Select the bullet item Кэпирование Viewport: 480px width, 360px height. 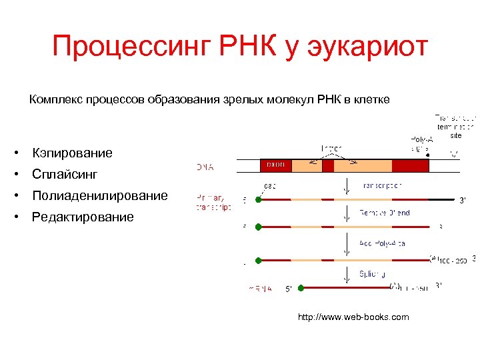73,153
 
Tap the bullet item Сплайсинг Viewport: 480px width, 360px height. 65,175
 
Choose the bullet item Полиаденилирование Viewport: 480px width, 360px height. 100,196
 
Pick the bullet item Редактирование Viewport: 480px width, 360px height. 83,217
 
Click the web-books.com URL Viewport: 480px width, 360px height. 353,317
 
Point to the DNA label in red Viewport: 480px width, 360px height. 205,167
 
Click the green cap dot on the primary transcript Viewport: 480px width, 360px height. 258,199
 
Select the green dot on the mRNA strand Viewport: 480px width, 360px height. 301,288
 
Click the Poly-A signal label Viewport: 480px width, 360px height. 421,144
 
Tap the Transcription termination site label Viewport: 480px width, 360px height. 455,125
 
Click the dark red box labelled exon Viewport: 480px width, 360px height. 275,165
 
